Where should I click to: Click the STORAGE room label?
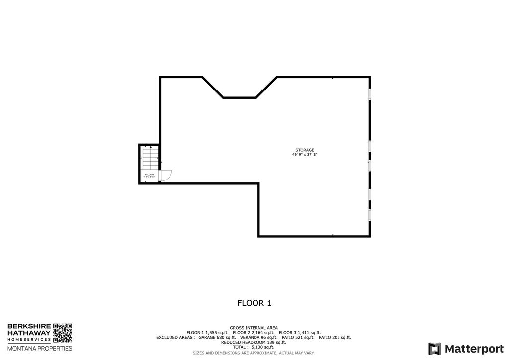click(x=305, y=150)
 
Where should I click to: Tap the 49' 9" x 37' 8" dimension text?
click(x=305, y=155)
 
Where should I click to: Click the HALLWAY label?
click(x=149, y=175)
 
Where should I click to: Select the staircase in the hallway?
click(x=149, y=159)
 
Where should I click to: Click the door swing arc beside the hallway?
click(x=167, y=175)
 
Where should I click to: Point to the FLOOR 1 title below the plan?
click(x=254, y=302)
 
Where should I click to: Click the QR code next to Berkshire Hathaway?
click(x=63, y=333)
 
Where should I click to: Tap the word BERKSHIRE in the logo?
click(x=29, y=326)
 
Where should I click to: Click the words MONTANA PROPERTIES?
click(x=39, y=348)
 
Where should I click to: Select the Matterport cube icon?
click(x=435, y=348)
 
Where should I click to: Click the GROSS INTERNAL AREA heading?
click(x=254, y=328)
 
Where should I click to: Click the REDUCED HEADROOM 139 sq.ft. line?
click(x=254, y=342)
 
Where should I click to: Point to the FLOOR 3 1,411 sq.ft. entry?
click(x=299, y=332)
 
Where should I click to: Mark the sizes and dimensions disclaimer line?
click(x=254, y=353)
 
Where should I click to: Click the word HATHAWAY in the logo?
click(x=29, y=333)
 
